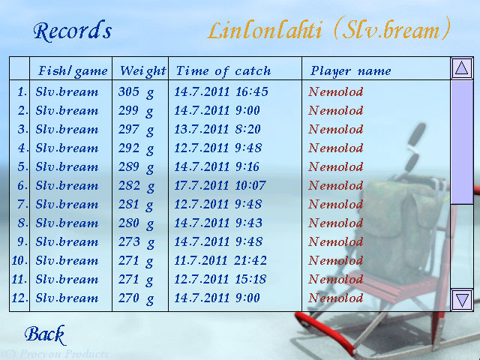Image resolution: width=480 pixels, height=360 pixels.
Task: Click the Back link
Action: (45, 335)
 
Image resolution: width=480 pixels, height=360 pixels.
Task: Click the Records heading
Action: (73, 31)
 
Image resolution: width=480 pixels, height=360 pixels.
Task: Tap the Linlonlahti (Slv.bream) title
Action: (329, 30)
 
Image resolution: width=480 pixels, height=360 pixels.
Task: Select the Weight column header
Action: (143, 71)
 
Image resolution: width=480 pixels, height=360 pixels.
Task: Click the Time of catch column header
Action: (223, 71)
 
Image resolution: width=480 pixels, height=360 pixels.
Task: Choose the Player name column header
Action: (351, 71)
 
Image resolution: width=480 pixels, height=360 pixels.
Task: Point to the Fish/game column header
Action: (73, 71)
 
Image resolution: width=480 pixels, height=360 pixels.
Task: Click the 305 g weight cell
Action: (136, 92)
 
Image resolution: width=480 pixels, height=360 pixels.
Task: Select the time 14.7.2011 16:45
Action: (221, 91)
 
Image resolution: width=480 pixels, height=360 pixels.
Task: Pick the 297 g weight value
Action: (136, 130)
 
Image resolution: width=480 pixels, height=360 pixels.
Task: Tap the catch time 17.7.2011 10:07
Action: (220, 185)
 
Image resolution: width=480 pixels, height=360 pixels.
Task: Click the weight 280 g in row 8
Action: (136, 223)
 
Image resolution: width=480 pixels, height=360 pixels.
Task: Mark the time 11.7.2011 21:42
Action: (220, 260)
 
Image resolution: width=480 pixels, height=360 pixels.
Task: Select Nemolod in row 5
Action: (336, 166)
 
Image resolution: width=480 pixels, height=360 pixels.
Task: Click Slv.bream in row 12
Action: (67, 298)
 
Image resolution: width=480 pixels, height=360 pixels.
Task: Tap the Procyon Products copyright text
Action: (55, 354)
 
